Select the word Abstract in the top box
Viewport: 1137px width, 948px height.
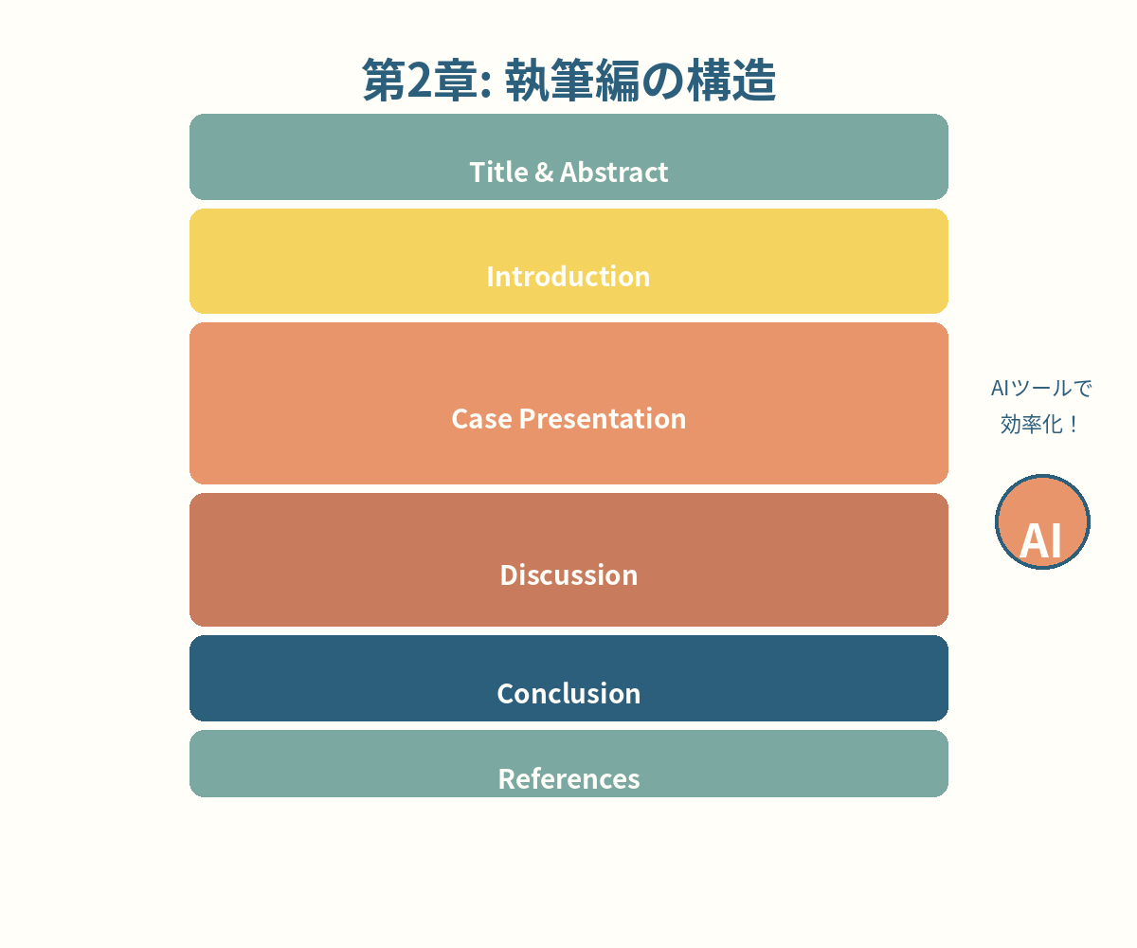tap(614, 172)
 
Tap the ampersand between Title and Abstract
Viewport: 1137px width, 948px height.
tap(544, 172)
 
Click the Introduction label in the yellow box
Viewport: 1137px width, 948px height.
tap(568, 276)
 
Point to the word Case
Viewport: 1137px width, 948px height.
tap(481, 418)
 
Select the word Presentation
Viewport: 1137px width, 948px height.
tap(602, 418)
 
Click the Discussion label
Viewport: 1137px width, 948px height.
tap(568, 574)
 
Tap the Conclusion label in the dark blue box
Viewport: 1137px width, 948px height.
tap(568, 693)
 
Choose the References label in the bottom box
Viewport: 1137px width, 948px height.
tap(568, 778)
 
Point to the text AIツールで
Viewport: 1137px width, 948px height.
tap(1041, 388)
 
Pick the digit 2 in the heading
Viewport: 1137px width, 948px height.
tap(419, 81)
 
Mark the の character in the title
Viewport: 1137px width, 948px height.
tap(662, 81)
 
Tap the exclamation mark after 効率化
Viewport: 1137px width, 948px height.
tap(1073, 425)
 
